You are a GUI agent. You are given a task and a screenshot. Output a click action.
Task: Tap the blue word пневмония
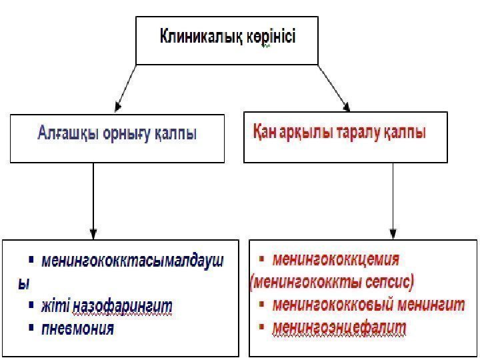point(77,328)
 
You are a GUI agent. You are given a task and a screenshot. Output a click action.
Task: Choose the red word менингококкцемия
point(336,259)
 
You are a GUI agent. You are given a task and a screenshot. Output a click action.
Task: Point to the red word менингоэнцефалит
point(339,328)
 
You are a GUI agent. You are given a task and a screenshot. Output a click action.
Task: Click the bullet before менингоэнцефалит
point(262,327)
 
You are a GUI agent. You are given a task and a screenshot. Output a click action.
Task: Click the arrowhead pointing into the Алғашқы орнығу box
point(118,106)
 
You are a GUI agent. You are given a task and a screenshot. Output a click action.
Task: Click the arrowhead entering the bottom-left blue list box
point(93,233)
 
